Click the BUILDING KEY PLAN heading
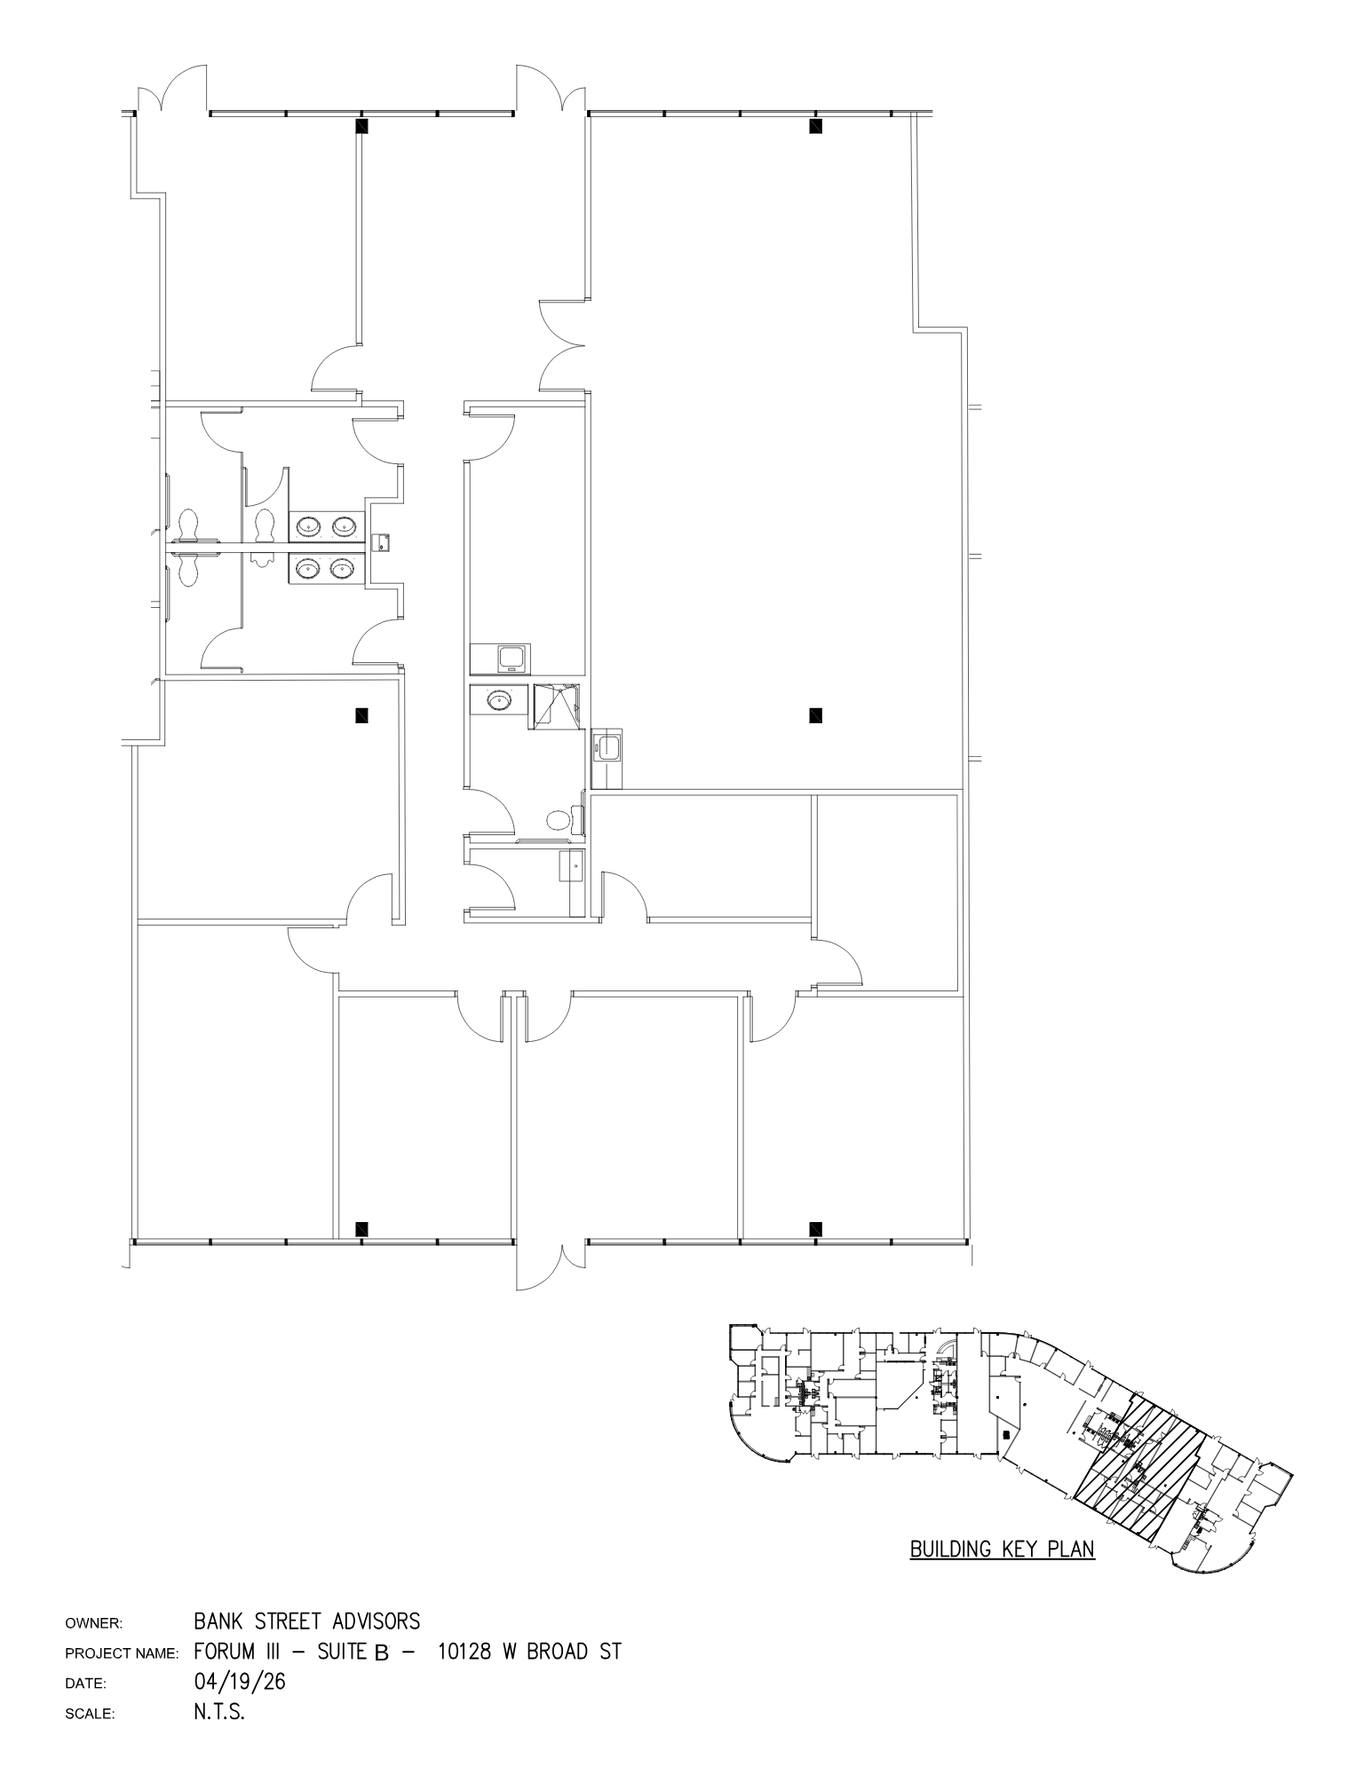point(1002,1550)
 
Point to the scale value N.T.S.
point(218,1712)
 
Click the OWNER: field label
point(93,1624)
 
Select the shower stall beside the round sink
point(556,706)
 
